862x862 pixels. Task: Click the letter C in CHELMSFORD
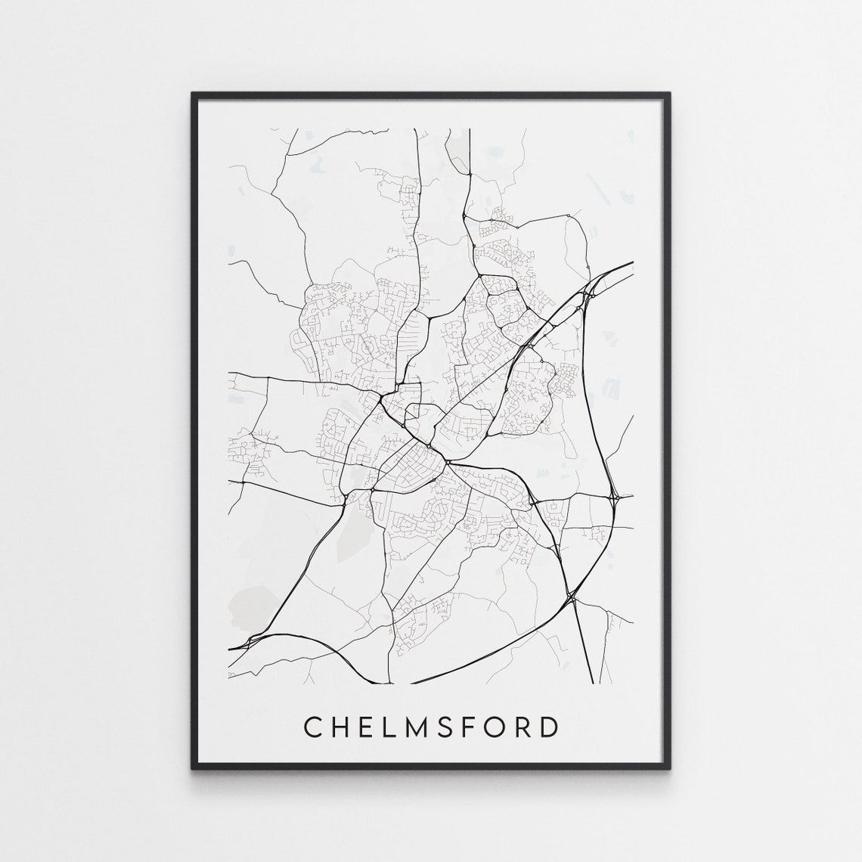pos(311,727)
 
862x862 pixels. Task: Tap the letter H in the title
pos(338,727)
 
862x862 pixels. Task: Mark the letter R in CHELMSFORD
pos(524,727)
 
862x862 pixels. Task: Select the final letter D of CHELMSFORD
pos(550,727)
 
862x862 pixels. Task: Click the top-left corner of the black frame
pos(193,94)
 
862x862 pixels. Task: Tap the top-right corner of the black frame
pos(669,94)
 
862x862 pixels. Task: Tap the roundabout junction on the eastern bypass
pos(616,498)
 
